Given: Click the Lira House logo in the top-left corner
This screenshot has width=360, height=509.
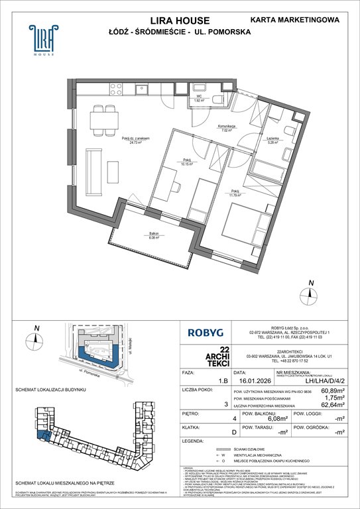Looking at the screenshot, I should [x=42, y=40].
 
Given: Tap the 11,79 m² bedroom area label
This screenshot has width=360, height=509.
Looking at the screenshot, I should [x=236, y=195].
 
